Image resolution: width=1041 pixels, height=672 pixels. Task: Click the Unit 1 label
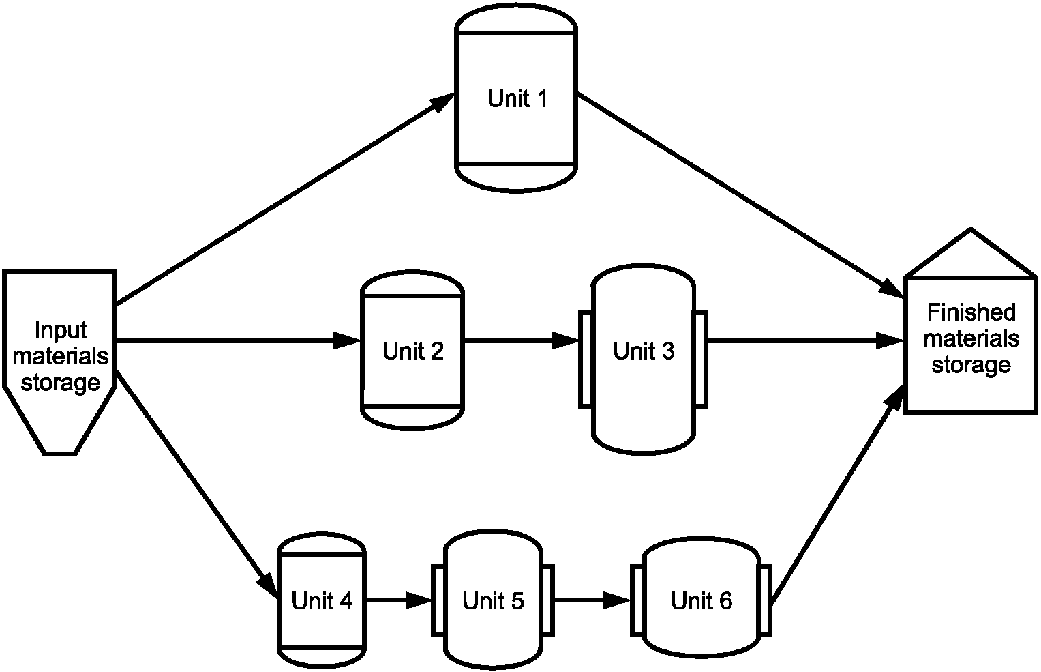(x=517, y=99)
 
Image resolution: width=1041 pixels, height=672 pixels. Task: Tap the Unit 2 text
(x=412, y=351)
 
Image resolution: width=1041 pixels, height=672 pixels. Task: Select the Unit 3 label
(x=643, y=351)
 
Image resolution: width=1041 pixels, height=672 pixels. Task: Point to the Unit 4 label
(x=322, y=600)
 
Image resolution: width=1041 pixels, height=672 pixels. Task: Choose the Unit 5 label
(x=493, y=600)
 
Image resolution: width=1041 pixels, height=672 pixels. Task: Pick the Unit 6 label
(x=701, y=600)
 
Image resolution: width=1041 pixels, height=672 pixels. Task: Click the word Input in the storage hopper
(x=61, y=331)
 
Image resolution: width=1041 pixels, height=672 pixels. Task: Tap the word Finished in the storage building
(x=971, y=312)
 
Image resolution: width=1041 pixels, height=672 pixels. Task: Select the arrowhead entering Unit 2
(x=348, y=340)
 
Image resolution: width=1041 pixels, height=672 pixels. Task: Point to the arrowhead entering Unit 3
(x=565, y=340)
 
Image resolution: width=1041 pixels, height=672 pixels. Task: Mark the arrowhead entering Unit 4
(x=269, y=585)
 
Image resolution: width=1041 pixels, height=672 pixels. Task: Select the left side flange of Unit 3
(x=586, y=360)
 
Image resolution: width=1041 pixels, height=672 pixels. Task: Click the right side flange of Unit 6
(x=765, y=600)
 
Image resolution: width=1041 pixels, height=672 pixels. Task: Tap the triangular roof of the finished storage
(x=971, y=254)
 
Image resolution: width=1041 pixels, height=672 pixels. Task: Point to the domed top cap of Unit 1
(x=516, y=18)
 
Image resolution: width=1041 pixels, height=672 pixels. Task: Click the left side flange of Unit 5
(x=438, y=600)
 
